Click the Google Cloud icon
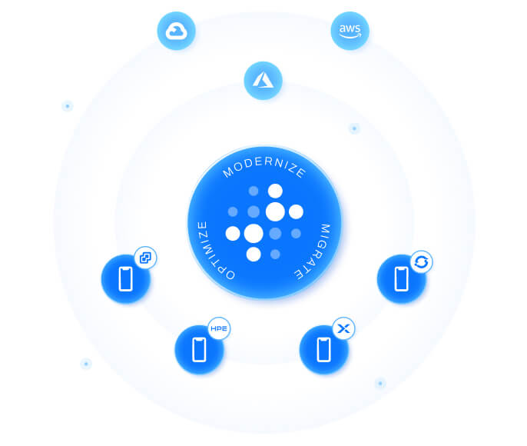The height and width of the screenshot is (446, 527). coord(177,32)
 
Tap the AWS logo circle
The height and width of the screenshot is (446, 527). coord(350,32)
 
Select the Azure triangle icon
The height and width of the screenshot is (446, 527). coord(263,80)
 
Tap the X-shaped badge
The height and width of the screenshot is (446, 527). coord(343,329)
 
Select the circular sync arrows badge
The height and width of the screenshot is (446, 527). coord(421,261)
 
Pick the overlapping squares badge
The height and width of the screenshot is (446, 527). coord(145,258)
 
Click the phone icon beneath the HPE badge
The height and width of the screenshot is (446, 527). coord(200,349)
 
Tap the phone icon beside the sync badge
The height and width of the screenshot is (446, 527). coord(401,278)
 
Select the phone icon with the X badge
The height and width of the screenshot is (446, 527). coord(323,349)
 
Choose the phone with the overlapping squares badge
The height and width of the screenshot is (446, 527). coord(126,278)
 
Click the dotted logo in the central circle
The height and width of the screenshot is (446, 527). coord(263,222)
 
